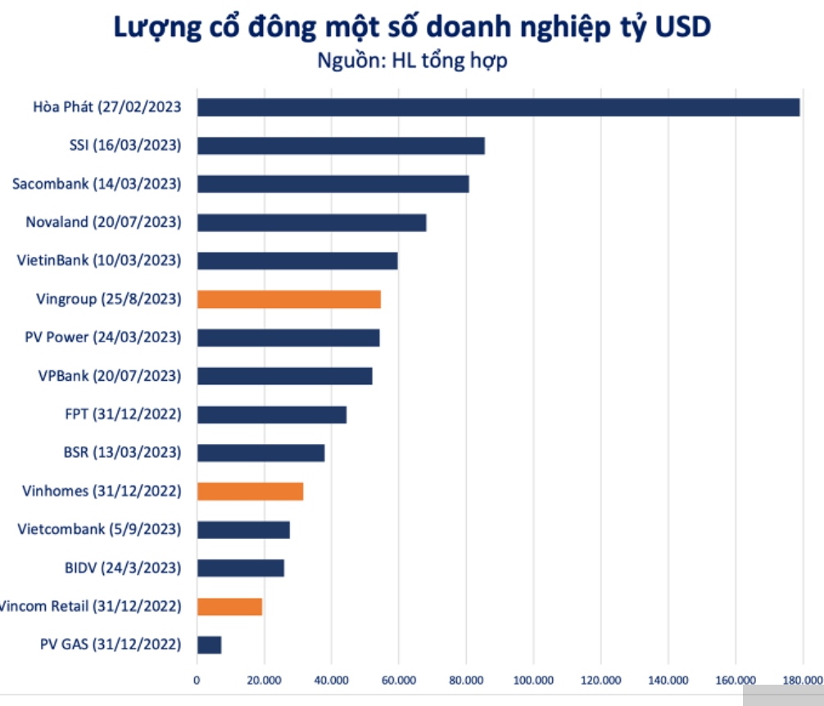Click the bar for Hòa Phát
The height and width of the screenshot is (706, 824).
coord(498,107)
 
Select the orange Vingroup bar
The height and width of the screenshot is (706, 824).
coord(289,299)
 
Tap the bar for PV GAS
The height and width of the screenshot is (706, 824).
coord(210,645)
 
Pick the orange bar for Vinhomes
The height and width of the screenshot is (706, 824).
coord(251,491)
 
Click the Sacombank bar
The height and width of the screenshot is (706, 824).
coord(333,183)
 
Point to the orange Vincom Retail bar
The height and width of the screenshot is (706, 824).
coord(230,606)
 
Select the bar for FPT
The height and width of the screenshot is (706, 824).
coord(272,414)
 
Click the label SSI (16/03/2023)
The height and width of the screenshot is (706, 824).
coord(125,145)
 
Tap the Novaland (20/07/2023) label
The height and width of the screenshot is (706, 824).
coord(103,222)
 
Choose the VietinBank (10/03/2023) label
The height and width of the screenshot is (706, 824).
coord(99,260)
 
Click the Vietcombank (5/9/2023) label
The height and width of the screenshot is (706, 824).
coord(99,529)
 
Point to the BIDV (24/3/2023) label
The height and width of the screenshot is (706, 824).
coord(122,567)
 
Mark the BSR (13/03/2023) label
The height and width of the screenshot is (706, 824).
coord(122,452)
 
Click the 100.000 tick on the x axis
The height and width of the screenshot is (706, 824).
coord(533,679)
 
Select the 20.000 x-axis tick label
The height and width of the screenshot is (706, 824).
coord(264,679)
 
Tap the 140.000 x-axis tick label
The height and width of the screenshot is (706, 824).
coord(668,679)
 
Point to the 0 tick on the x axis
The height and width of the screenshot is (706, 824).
coord(197,679)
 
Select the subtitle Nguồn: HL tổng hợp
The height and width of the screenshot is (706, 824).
coord(412,60)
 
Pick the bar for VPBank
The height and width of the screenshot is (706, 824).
coord(285,376)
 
